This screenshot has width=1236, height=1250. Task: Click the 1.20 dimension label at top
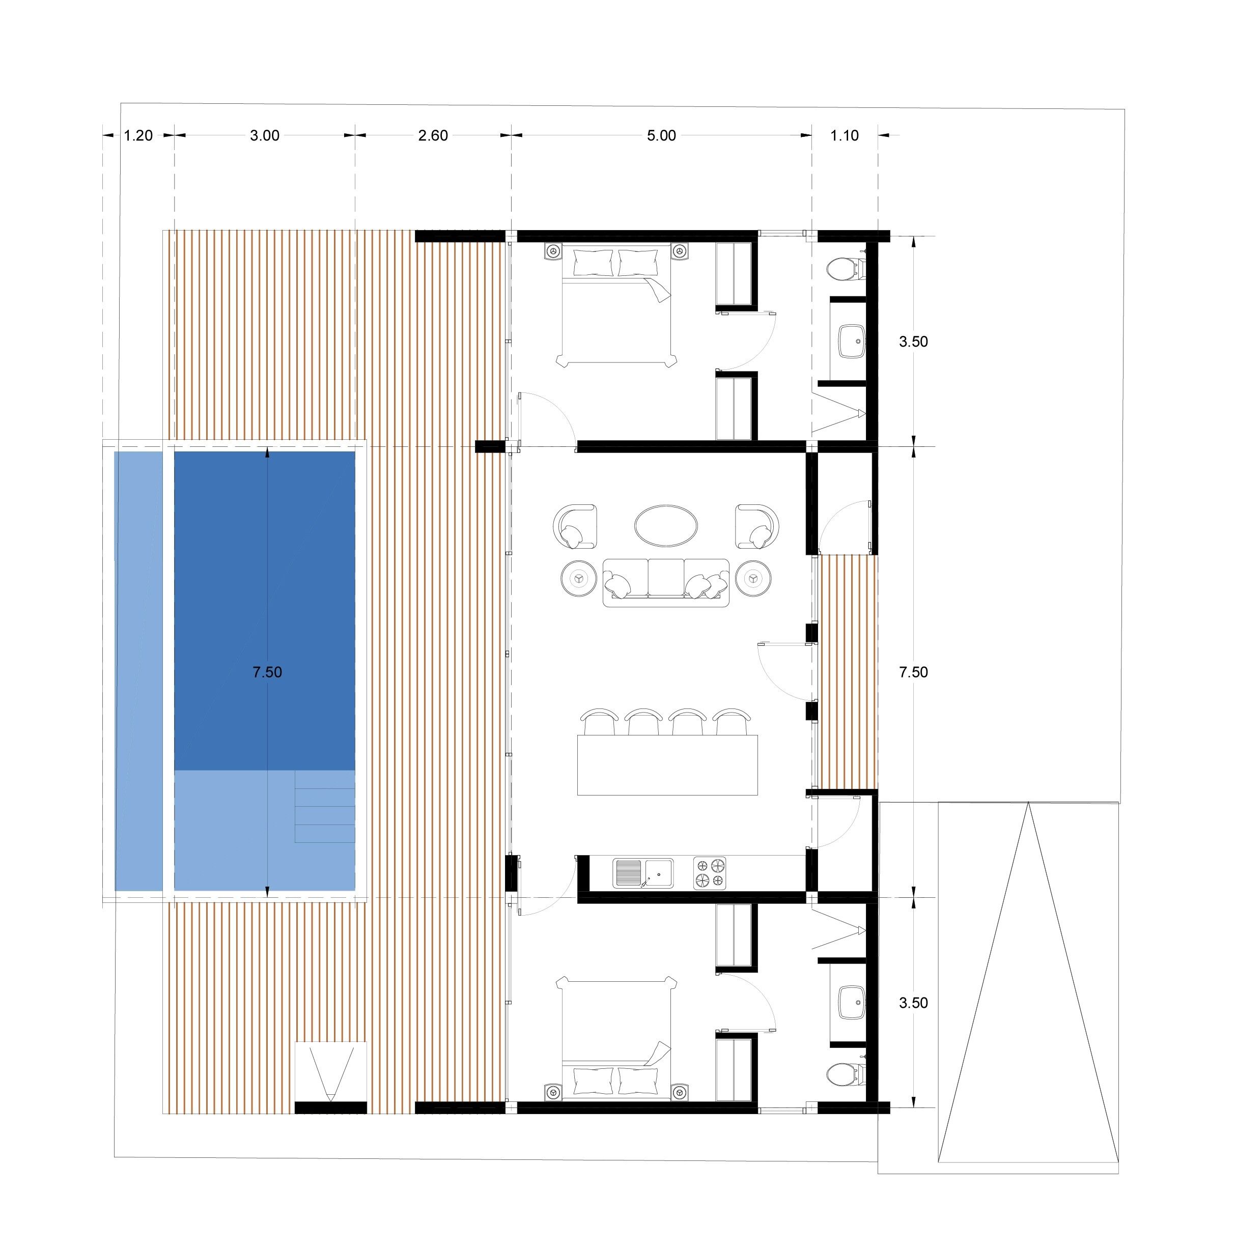point(138,136)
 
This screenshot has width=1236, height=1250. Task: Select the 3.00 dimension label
point(265,136)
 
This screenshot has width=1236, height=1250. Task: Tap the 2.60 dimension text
point(433,136)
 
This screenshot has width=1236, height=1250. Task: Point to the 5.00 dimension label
point(661,136)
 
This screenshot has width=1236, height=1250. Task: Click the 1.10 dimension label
point(845,136)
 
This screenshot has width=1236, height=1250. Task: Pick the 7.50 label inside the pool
point(267,673)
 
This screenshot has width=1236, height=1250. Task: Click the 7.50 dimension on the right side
point(913,673)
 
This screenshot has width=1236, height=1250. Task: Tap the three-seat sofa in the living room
point(666,583)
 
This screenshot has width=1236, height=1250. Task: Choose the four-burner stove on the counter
point(710,873)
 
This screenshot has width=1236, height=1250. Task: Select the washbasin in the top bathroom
point(852,341)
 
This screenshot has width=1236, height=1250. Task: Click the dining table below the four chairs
point(667,764)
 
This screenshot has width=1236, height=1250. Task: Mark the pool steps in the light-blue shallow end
point(325,806)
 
